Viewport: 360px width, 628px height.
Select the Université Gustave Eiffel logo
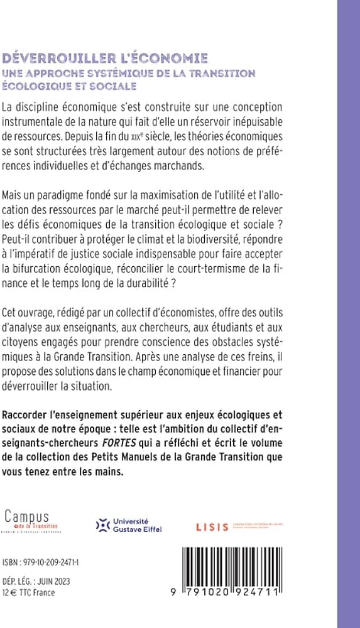(x=128, y=525)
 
